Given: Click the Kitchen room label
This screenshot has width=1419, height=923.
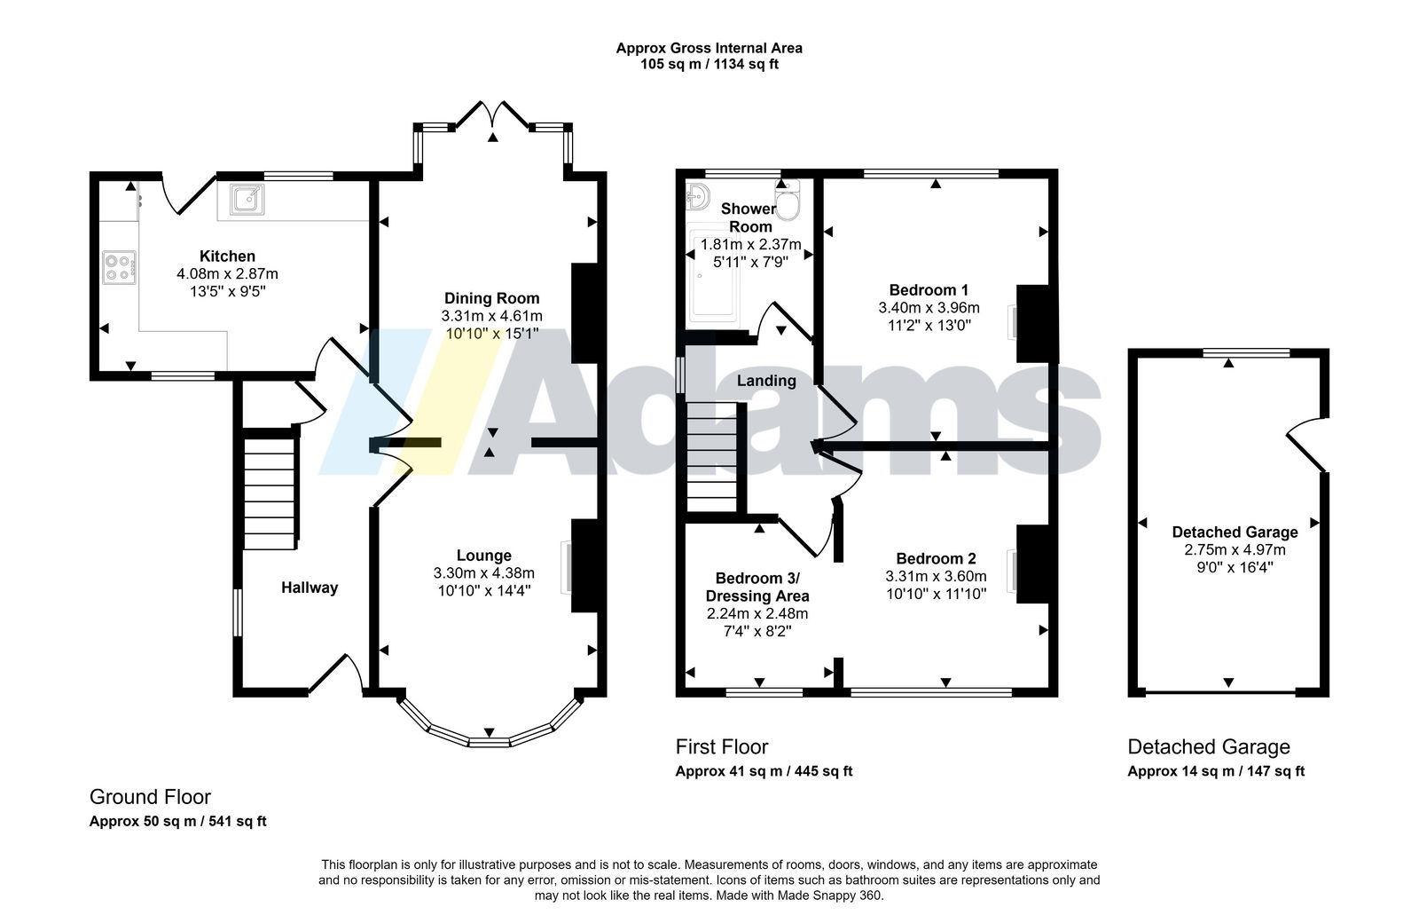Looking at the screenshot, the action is tap(227, 256).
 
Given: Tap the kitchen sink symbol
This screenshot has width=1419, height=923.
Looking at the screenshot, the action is tap(247, 200).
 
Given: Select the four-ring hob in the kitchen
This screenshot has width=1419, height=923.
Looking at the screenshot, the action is tap(119, 267).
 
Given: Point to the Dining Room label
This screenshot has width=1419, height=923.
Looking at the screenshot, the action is tap(491, 298).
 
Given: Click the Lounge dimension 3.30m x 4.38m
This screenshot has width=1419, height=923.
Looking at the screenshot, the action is tap(484, 573).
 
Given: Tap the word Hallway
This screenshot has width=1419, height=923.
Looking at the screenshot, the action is tap(310, 588).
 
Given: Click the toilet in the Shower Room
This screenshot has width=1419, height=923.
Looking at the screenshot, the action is tap(788, 201).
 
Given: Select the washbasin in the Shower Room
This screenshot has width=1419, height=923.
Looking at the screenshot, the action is tap(697, 196).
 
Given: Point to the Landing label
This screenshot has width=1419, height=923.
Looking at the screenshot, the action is tap(766, 381).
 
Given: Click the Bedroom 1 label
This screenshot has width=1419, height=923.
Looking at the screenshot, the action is tap(929, 289).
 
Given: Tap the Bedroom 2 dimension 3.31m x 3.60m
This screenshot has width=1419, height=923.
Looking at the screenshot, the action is tap(937, 576).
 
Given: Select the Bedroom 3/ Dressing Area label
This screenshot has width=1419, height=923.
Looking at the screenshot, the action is tap(757, 587).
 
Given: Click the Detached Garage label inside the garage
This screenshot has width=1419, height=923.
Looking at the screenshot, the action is tap(1235, 532).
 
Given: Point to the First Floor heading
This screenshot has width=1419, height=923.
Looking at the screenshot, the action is tap(722, 746).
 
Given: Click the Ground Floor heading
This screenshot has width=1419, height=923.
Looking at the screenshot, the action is tap(150, 797).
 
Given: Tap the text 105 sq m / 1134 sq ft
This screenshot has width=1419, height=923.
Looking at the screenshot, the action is tap(709, 64).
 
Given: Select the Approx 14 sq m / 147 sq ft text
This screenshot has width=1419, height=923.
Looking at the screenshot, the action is tap(1216, 771).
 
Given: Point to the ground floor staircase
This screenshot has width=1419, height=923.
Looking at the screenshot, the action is tap(270, 489).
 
